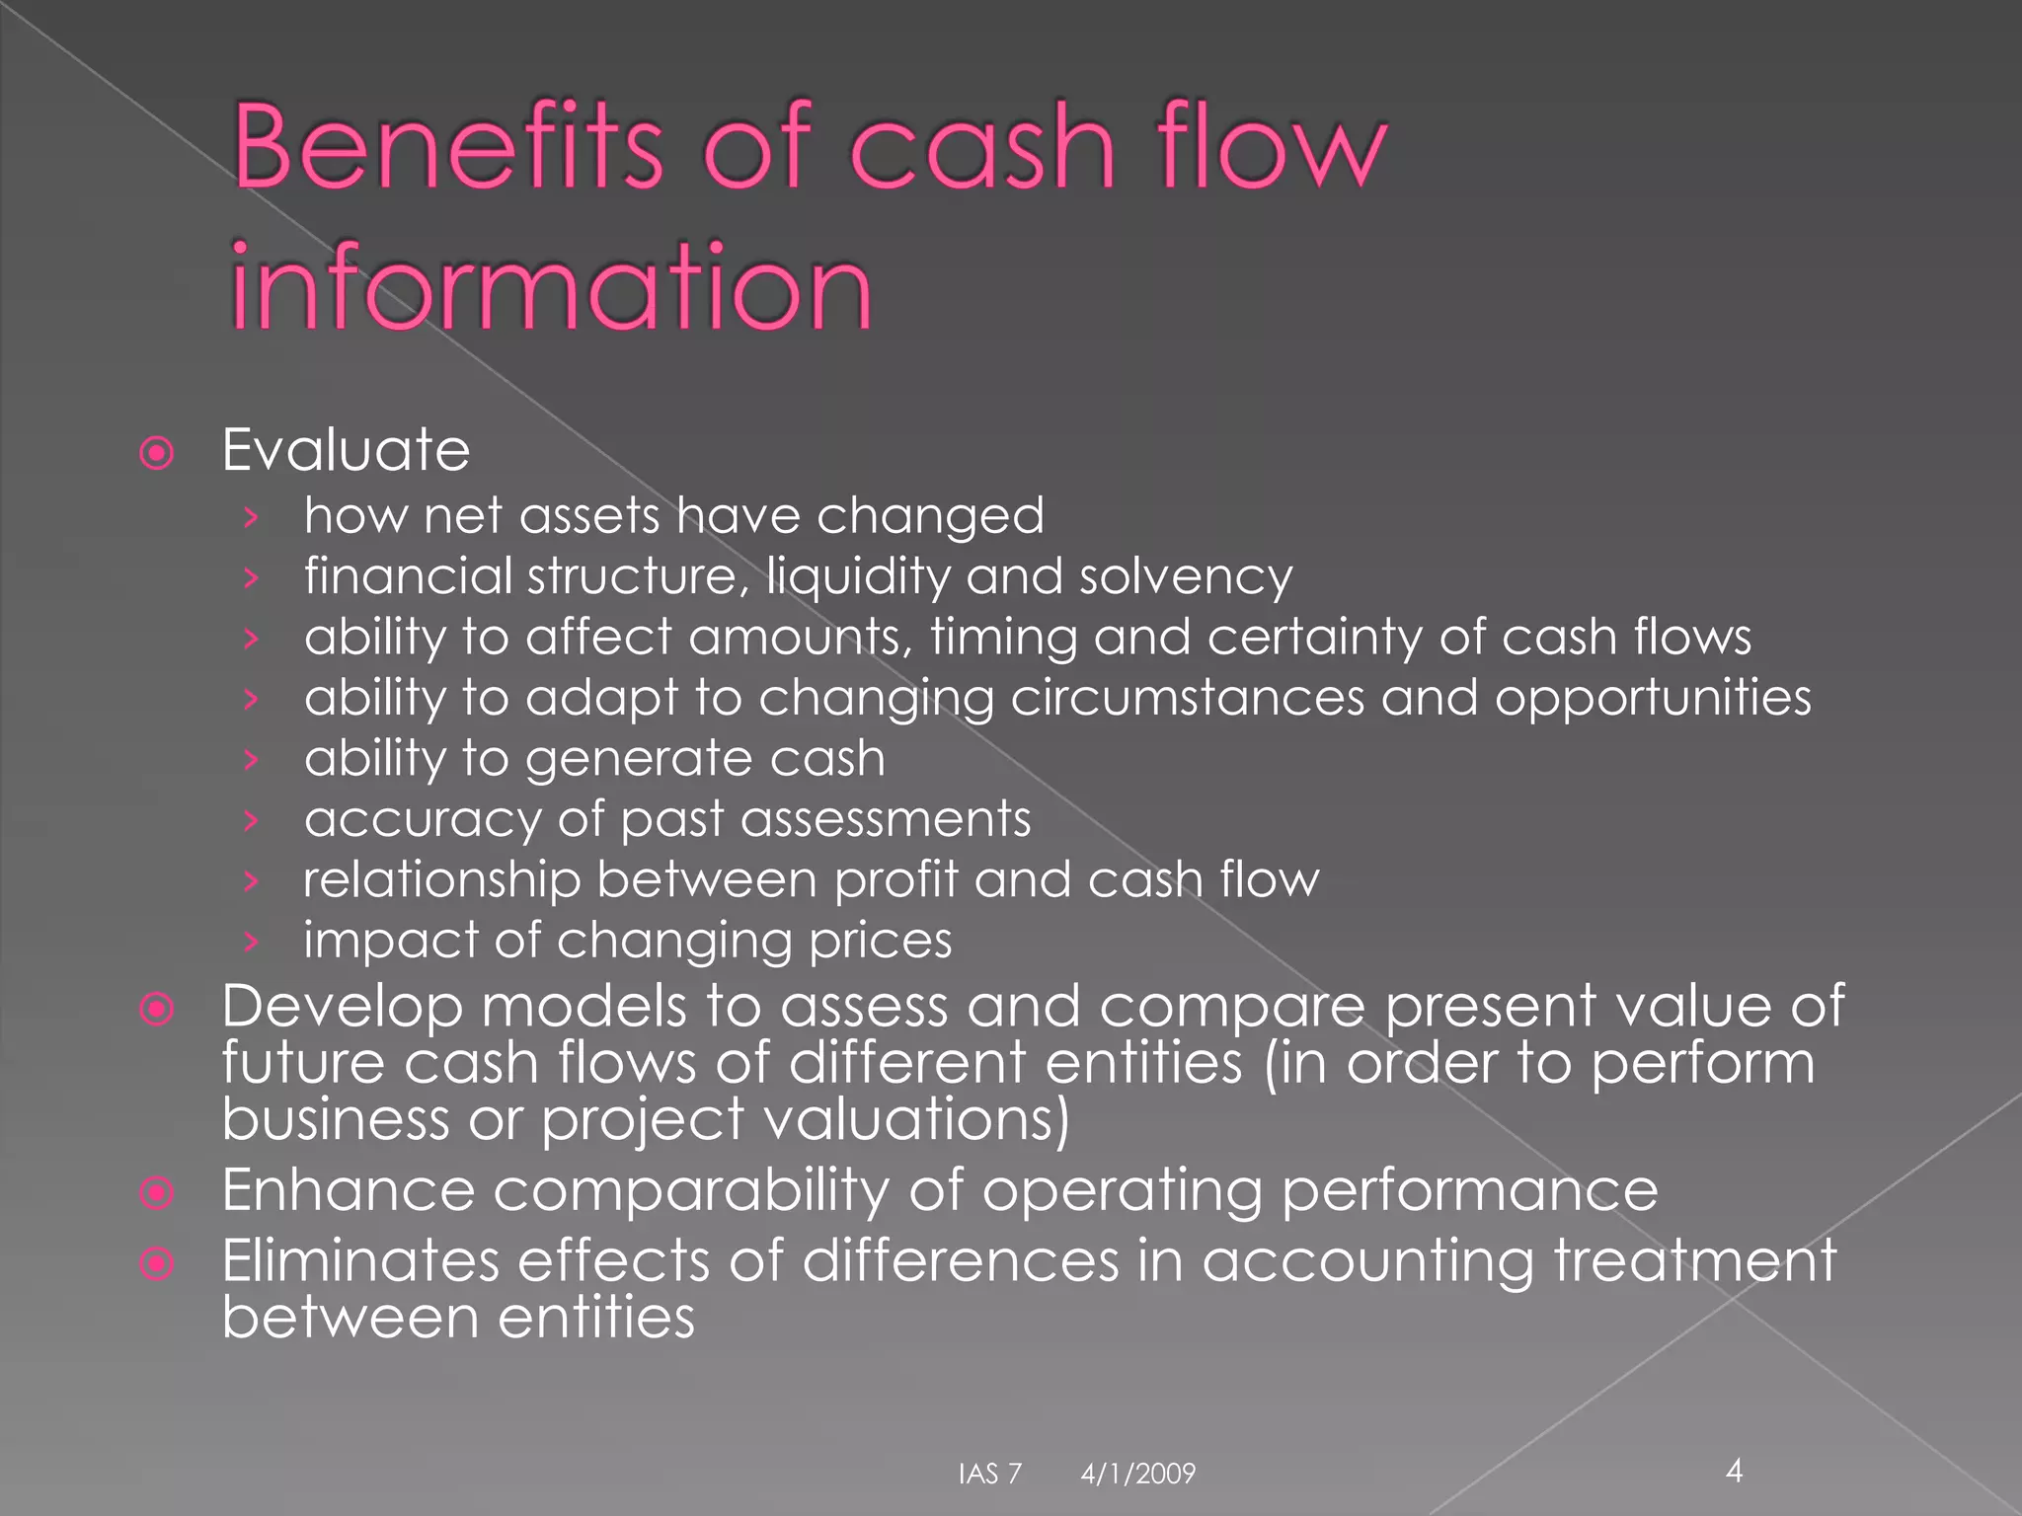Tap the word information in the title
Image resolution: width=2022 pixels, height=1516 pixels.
(551, 287)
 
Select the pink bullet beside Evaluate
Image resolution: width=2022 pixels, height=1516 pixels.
(157, 454)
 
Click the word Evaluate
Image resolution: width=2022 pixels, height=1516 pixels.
(346, 451)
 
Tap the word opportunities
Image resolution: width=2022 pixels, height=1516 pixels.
(1652, 699)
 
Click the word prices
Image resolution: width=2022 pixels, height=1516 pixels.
(880, 941)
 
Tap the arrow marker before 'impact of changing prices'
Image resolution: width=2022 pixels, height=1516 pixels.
(252, 942)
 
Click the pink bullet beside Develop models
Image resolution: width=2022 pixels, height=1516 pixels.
(157, 1009)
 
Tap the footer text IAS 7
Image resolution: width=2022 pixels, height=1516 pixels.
(989, 1474)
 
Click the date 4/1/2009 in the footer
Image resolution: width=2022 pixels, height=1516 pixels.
(1137, 1474)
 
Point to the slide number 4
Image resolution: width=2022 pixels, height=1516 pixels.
(1734, 1472)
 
